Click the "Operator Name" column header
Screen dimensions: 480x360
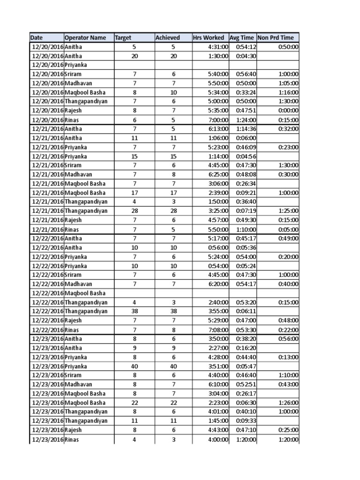pos(89,37)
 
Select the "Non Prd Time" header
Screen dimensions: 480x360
pos(278,37)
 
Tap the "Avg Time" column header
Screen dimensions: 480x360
pos(242,37)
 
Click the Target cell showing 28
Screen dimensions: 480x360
pos(134,211)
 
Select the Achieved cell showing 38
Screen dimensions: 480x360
pos(173,311)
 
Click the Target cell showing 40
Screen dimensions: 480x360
pos(134,366)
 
